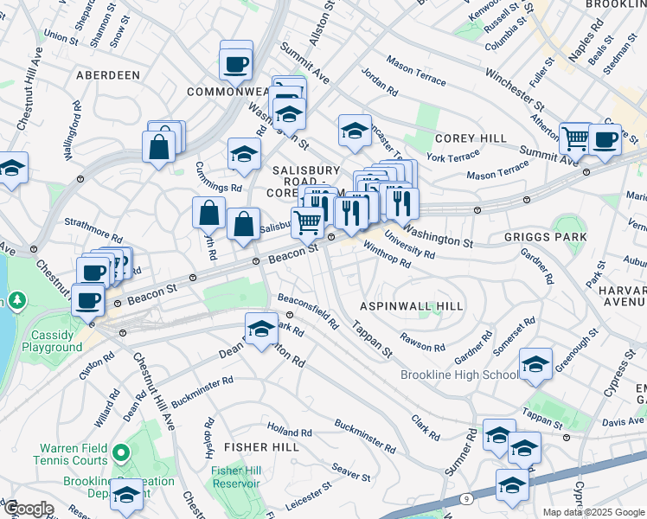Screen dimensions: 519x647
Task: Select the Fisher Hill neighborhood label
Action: (261, 447)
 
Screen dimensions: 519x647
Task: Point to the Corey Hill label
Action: (471, 138)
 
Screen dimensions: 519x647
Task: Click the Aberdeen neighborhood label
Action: (108, 75)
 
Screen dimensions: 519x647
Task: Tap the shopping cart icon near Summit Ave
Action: (574, 138)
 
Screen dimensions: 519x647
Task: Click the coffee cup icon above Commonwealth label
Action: (236, 61)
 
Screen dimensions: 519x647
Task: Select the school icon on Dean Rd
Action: (260, 329)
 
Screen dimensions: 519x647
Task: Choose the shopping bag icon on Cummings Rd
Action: (209, 213)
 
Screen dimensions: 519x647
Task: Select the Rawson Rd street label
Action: (422, 343)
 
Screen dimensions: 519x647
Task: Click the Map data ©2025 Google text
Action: (593, 512)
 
